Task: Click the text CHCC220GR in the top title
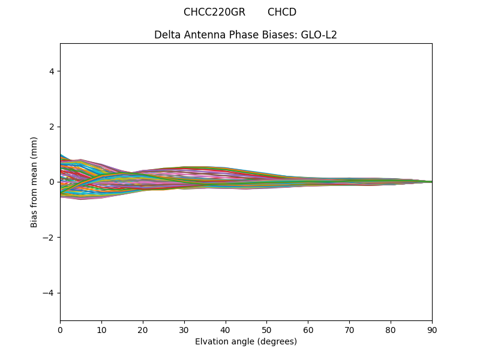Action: (x=214, y=12)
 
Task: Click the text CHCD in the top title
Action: (x=282, y=12)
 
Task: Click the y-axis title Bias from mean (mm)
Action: (x=35, y=182)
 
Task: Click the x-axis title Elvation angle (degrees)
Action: (x=246, y=341)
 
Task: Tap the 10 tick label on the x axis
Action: (x=101, y=329)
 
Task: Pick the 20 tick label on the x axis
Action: (x=143, y=329)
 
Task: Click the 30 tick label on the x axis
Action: (x=184, y=329)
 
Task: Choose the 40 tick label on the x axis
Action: (x=226, y=329)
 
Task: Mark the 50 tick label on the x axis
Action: (x=266, y=329)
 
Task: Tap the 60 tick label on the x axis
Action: (x=308, y=329)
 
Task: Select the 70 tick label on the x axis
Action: (x=349, y=329)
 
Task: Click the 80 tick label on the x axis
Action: (x=391, y=329)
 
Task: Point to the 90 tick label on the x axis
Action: (x=432, y=329)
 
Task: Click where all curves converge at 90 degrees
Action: (x=431, y=182)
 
